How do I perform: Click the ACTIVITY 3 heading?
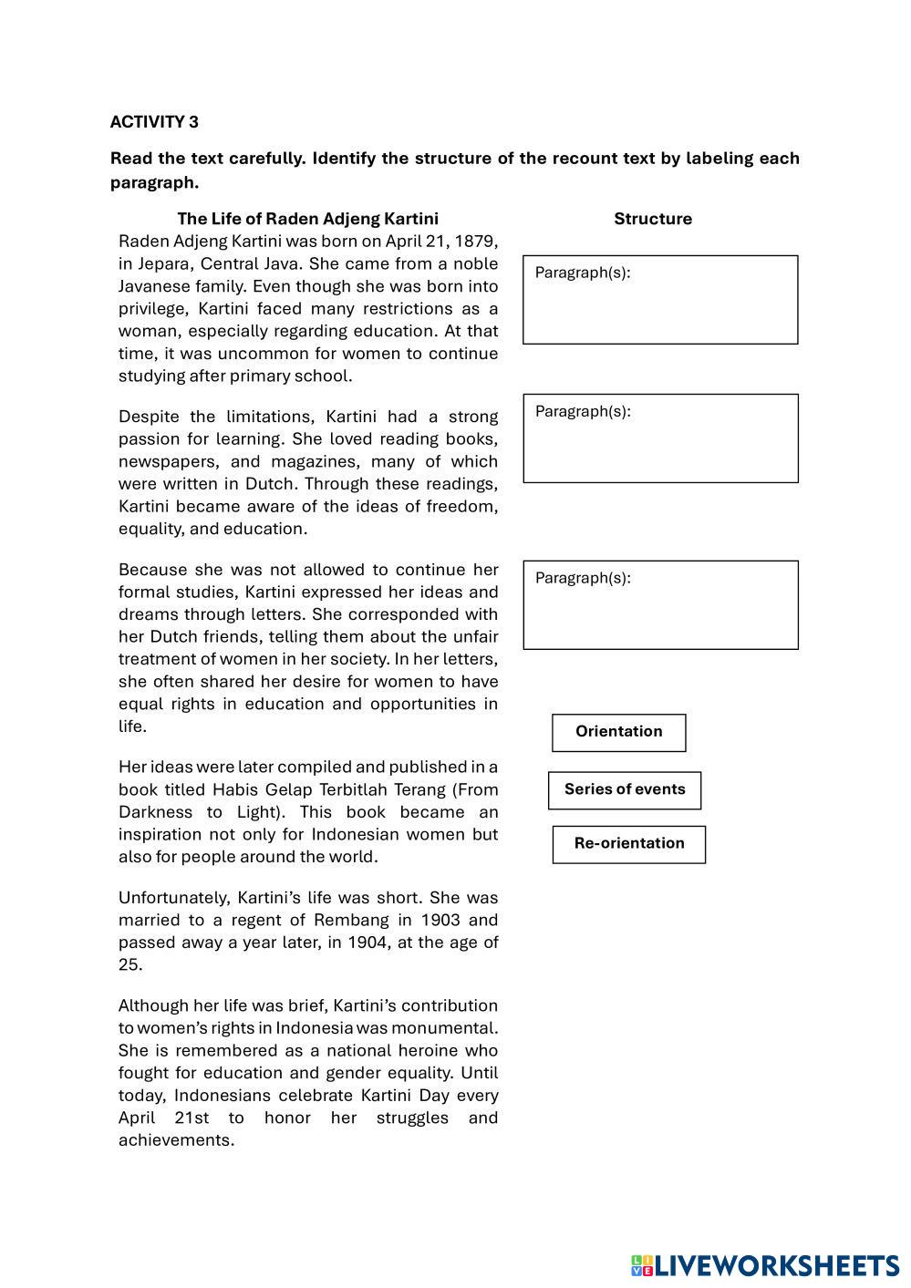154,122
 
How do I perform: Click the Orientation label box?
618,732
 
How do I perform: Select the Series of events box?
624,789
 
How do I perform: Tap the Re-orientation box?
628,844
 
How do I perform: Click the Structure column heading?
652,219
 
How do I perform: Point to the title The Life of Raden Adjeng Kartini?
307,219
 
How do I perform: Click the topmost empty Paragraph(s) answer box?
659,300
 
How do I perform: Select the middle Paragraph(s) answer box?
659,438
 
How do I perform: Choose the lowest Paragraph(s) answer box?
659,605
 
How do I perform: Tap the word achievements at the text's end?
176,1141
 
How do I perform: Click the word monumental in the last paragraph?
452,1028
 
